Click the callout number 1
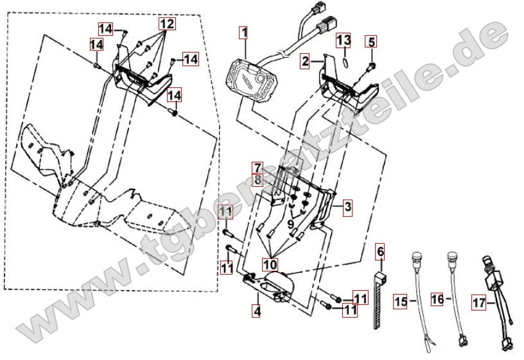point(244,33)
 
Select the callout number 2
point(304,62)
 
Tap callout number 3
point(348,207)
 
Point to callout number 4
point(256,311)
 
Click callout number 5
point(371,42)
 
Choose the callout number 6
point(380,252)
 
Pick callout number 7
point(258,168)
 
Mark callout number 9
point(290,224)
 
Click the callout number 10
point(270,264)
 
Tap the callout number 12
point(167,24)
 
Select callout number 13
point(344,40)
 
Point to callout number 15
point(400,302)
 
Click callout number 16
point(437,299)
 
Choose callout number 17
point(479,303)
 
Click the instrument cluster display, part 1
point(253,79)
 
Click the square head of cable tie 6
point(380,277)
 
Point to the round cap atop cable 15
point(415,257)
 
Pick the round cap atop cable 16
point(452,257)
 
